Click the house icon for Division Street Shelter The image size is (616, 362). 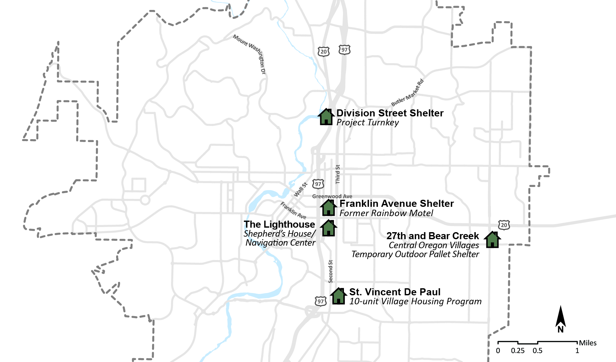click(x=326, y=117)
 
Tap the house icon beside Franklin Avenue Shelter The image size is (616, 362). click(x=328, y=208)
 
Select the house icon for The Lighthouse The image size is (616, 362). click(x=328, y=228)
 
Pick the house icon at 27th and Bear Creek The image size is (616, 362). click(x=492, y=240)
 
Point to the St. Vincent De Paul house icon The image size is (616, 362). click(x=338, y=296)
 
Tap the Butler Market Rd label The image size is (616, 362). click(x=407, y=93)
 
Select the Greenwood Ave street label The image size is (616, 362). click(x=332, y=196)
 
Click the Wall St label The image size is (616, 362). click(x=301, y=189)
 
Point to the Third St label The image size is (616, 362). click(x=338, y=174)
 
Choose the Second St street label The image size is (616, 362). click(x=330, y=271)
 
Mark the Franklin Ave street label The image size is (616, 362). click(x=293, y=210)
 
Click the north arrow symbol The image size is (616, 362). click(x=560, y=319)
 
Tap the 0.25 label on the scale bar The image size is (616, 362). click(x=518, y=351)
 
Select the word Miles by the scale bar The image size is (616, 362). click(x=588, y=343)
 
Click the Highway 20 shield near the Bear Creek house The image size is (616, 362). click(x=504, y=225)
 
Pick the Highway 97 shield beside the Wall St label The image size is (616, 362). click(x=318, y=184)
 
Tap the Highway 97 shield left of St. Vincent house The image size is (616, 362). click(x=321, y=301)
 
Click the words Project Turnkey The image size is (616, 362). click(x=367, y=122)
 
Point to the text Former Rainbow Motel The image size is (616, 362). click(x=386, y=213)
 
